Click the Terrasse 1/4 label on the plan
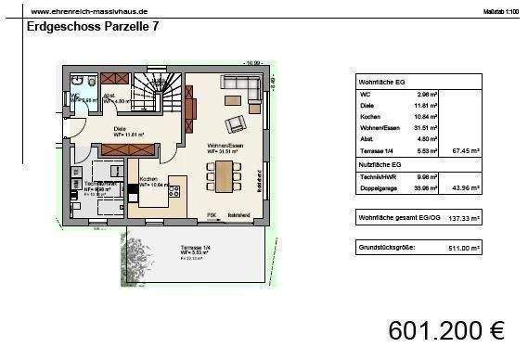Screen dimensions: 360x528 point(195,247)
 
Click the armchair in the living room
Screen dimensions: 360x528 point(238,122)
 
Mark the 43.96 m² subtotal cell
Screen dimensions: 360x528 point(464,188)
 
